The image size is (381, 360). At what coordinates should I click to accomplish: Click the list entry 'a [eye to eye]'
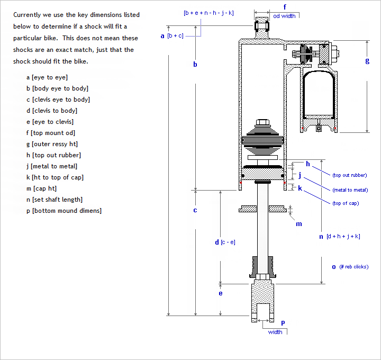click(47, 77)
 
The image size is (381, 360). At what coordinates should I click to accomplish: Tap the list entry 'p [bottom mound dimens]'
click(63, 211)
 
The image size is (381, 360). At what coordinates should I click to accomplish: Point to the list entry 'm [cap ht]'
click(41, 188)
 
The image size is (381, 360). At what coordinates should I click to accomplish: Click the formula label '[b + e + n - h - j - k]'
click(208, 12)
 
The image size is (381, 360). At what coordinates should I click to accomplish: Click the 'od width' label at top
click(285, 16)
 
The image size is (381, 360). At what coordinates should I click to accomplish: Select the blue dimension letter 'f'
click(285, 7)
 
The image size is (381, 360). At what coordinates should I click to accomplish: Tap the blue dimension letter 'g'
click(367, 60)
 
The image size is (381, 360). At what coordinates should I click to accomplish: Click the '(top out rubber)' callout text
click(350, 175)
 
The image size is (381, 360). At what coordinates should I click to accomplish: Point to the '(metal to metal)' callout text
click(350, 190)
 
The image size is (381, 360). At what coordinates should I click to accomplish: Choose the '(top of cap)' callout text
click(346, 203)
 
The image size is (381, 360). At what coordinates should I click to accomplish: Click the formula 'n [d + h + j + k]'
click(339, 237)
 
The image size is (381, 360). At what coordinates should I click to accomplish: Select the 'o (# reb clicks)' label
click(350, 267)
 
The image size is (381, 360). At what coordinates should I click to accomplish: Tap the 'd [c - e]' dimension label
click(225, 242)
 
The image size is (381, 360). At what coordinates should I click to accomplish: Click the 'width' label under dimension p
click(275, 332)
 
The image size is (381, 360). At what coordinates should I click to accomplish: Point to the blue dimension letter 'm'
click(299, 224)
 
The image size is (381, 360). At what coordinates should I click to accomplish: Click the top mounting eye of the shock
click(262, 24)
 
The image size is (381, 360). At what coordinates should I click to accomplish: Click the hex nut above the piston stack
click(262, 123)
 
